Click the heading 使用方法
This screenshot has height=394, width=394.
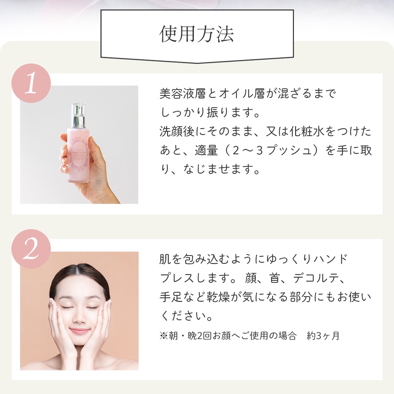[197, 34]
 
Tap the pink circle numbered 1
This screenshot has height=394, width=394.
[31, 83]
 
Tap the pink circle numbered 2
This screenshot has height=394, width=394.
[31, 248]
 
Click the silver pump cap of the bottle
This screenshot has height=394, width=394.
[78, 116]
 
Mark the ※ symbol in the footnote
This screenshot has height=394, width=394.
[164, 336]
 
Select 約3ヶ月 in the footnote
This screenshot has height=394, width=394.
[323, 336]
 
